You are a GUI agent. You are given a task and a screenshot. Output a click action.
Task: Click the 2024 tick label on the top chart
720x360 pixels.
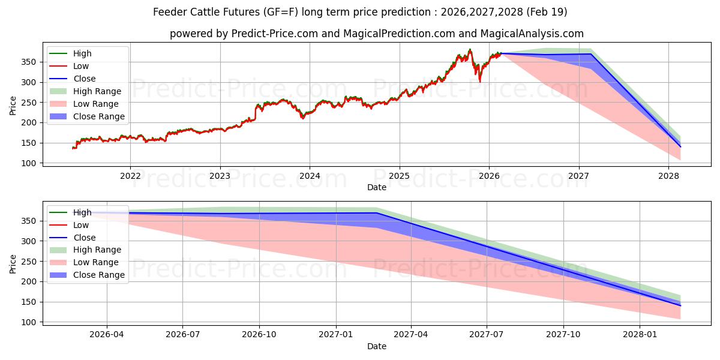[x=310, y=176]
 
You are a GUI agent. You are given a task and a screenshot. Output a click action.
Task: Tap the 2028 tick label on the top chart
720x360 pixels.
[x=668, y=176]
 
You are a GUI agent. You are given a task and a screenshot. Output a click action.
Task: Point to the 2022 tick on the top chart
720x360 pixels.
[x=130, y=176]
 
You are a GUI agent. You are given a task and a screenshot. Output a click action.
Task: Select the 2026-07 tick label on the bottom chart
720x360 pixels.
[x=183, y=335]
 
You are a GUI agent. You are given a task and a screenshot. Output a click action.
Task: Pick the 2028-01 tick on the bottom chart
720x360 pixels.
[x=640, y=335]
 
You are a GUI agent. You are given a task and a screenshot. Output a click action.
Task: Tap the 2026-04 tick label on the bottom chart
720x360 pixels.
[x=107, y=335]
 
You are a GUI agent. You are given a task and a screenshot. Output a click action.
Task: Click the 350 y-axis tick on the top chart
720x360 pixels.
[x=30, y=62]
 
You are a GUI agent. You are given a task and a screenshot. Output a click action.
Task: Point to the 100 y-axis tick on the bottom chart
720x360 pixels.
[x=30, y=322]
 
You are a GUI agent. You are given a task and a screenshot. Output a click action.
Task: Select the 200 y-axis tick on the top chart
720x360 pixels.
[x=30, y=123]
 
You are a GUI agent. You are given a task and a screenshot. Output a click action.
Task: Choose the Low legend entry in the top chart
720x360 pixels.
[x=81, y=66]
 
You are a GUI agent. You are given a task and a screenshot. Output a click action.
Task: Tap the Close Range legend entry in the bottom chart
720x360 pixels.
[x=99, y=275]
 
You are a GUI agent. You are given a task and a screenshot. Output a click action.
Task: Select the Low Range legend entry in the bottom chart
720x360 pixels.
[x=96, y=262]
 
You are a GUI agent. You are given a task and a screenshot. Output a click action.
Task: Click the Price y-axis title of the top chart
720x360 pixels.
[x=13, y=106]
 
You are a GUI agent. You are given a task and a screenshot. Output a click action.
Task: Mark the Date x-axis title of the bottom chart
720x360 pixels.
[x=377, y=346]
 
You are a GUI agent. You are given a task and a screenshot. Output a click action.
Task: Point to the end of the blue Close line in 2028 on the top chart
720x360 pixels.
[x=680, y=146]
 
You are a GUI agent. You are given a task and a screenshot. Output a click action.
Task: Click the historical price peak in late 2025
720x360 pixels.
[x=470, y=50]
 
